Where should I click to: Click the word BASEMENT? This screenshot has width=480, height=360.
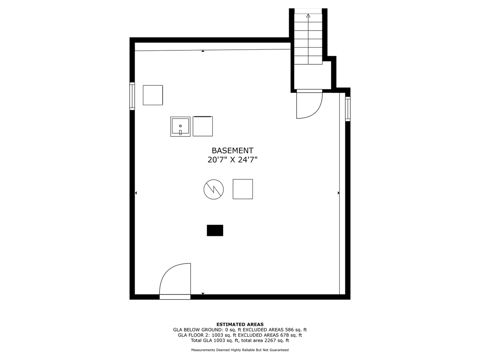point(233,150)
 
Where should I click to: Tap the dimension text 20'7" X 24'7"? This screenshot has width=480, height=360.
point(233,160)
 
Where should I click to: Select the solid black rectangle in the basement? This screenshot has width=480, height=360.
point(215,230)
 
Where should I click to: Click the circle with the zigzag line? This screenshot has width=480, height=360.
point(214,189)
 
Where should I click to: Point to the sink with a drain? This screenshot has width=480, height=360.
point(180,127)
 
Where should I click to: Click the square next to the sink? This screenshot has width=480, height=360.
point(203,126)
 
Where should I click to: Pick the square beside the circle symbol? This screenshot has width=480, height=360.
point(243,189)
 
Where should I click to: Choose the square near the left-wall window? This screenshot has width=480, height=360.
point(153,95)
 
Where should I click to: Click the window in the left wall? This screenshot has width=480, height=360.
point(132,96)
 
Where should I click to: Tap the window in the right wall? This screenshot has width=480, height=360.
point(348,109)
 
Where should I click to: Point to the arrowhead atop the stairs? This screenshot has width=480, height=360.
point(308,15)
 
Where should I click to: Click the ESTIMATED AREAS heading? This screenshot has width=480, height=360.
point(240,324)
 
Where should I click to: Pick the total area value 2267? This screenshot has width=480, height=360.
point(270,340)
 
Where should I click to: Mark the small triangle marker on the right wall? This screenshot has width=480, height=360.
point(339,193)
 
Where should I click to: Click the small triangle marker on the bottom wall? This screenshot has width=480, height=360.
point(203,293)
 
